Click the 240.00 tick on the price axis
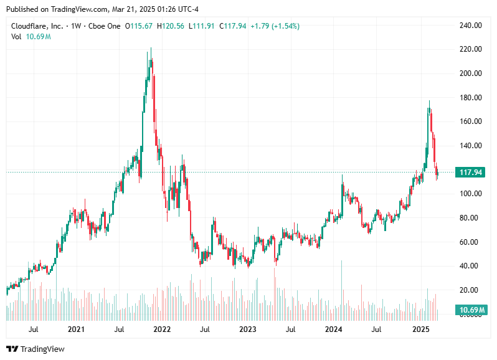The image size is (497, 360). coord(470,26)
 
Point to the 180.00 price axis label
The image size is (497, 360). coord(470,98)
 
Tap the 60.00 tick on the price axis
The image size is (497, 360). coord(470,242)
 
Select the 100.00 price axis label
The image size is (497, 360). coord(470,194)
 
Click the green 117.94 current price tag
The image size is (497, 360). coord(470,173)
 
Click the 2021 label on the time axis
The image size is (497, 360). coord(76,329)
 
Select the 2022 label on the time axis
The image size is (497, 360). coord(162,329)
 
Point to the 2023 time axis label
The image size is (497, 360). coord(248,329)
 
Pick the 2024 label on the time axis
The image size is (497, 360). coord(334,329)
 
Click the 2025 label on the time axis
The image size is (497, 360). coord(420,329)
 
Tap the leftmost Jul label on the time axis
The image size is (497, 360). coord(34,329)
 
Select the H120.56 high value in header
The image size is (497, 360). coord(172,26)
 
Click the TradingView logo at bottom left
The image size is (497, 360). coord(35,349)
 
